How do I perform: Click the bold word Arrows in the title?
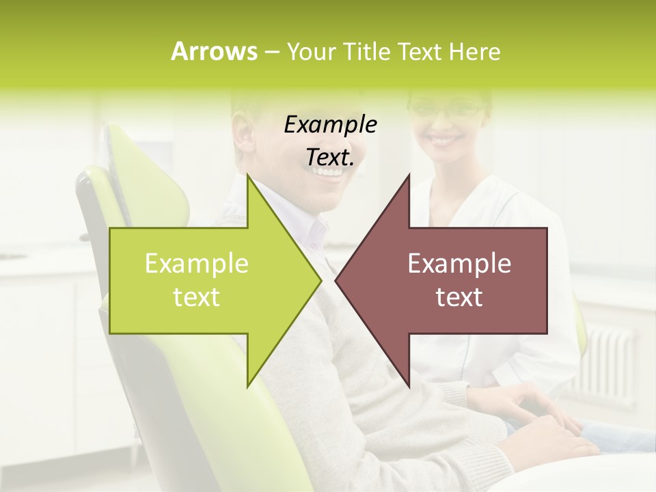213,51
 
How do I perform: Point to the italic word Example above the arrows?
330,125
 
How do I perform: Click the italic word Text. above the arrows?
330,158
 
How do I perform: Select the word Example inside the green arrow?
197,264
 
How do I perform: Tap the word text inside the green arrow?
197,297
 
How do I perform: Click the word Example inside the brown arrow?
459,264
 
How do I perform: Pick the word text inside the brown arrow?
459,297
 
